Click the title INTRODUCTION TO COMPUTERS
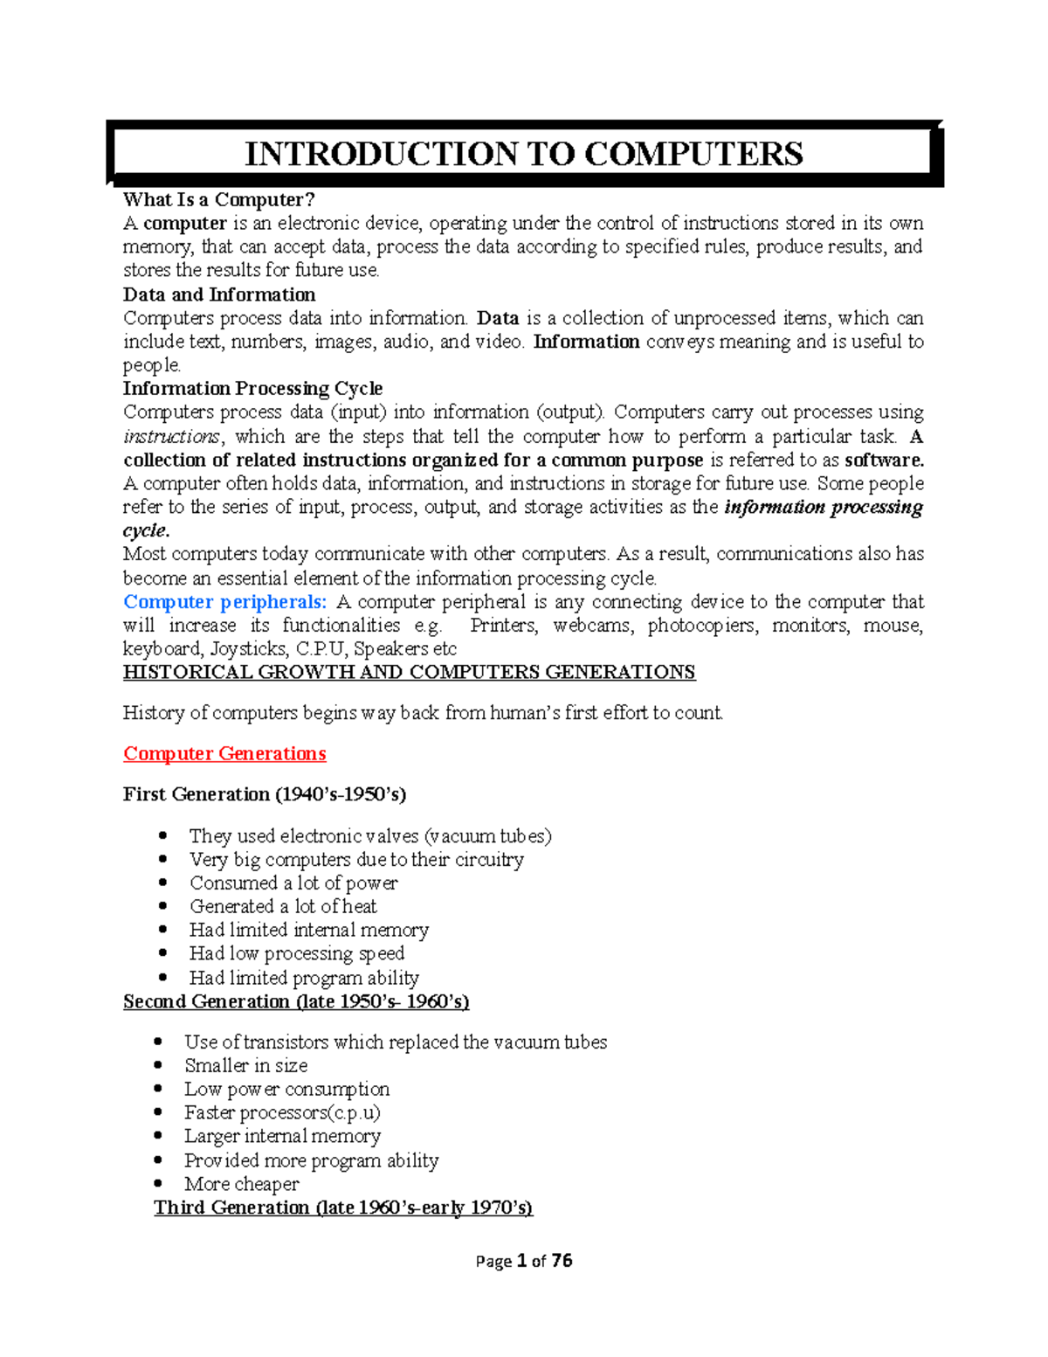[x=524, y=154]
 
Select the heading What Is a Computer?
[x=218, y=200]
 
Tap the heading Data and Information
[x=219, y=294]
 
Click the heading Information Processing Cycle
[x=252, y=388]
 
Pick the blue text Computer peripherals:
[x=225, y=602]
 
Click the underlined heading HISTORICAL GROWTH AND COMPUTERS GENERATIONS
[x=409, y=672]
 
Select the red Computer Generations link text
[x=224, y=753]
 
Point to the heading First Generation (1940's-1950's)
[x=265, y=794]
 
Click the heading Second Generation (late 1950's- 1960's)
[x=296, y=1001]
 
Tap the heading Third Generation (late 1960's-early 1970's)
[x=343, y=1208]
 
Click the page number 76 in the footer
[x=562, y=1260]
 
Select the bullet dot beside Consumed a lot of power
[x=163, y=883]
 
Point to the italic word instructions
[x=172, y=437]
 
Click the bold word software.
[x=884, y=460]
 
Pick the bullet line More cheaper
[x=242, y=1184]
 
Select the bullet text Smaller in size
[x=246, y=1066]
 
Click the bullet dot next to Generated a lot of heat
[x=163, y=907]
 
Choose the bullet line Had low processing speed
[x=297, y=953]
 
